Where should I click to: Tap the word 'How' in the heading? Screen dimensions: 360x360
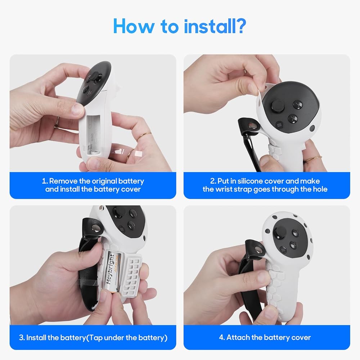click(x=134, y=26)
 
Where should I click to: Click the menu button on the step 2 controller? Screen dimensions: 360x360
click(x=279, y=125)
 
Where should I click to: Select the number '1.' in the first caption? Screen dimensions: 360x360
click(x=45, y=181)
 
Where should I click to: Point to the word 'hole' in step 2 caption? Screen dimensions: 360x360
click(x=320, y=189)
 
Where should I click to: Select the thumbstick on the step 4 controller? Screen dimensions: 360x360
click(x=279, y=232)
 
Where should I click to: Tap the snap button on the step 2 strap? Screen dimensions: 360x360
click(x=253, y=125)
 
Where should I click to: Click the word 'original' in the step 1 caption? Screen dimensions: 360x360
click(x=104, y=181)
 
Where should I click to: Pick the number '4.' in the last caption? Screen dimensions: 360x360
click(x=222, y=338)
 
